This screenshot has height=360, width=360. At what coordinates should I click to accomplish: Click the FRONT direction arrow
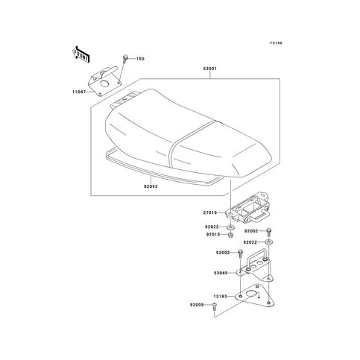pyautogui.click(x=80, y=54)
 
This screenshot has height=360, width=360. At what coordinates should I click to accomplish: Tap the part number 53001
pyautogui.click(x=210, y=69)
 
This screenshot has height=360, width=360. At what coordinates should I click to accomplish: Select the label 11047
pyautogui.click(x=79, y=92)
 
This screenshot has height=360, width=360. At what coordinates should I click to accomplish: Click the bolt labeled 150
pyautogui.click(x=124, y=59)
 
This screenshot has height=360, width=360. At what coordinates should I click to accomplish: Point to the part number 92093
pyautogui.click(x=151, y=186)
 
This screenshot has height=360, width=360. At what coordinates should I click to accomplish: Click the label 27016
pyautogui.click(x=210, y=212)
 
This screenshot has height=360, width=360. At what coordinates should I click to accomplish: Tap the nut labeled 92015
pyautogui.click(x=231, y=235)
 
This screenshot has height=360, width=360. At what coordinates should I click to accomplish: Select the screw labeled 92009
pyautogui.click(x=214, y=306)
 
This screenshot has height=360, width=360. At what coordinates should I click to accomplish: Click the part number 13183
pyautogui.click(x=220, y=297)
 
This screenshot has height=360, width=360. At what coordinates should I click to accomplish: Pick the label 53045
pyautogui.click(x=221, y=273)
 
